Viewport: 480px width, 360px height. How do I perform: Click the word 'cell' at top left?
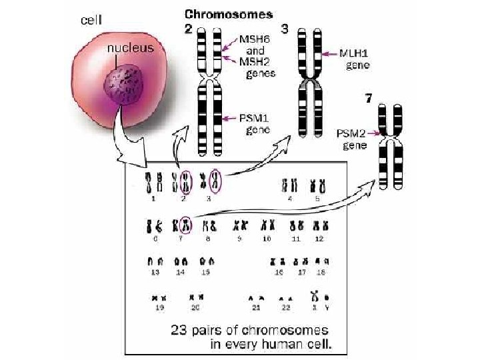(x=91, y=20)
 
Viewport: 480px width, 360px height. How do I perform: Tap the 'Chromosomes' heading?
(x=229, y=14)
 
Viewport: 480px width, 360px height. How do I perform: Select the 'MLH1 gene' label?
(x=357, y=59)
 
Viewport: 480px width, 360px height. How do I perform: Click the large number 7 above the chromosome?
(x=369, y=99)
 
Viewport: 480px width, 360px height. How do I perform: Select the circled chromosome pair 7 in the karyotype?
(x=185, y=225)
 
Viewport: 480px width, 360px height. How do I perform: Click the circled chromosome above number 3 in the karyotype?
(x=215, y=181)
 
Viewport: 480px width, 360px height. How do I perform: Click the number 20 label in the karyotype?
(x=195, y=308)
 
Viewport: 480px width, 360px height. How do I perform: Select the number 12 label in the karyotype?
(x=320, y=238)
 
